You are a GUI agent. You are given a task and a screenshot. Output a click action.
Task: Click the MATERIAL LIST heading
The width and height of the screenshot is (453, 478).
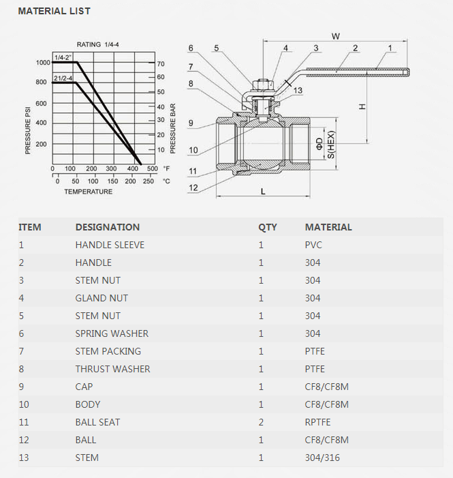tap(54, 11)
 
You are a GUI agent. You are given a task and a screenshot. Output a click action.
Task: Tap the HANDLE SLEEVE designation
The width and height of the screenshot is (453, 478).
tap(110, 245)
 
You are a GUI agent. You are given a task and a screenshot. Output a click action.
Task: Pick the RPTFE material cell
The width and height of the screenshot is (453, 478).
tap(317, 422)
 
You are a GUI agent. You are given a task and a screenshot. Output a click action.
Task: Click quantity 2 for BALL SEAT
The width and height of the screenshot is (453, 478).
tap(261, 422)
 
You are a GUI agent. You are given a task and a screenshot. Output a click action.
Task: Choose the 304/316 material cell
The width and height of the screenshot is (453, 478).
tap(322, 458)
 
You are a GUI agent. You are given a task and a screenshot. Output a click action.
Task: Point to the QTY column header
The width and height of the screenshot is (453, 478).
tap(268, 227)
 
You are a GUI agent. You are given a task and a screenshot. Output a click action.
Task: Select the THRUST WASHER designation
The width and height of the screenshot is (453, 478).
tap(112, 369)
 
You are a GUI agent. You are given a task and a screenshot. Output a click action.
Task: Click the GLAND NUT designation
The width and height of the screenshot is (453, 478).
tap(101, 298)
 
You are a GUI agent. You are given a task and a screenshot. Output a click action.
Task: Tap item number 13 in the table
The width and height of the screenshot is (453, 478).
tap(24, 458)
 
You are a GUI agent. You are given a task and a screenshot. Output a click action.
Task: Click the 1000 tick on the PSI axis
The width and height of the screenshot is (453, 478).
tap(43, 63)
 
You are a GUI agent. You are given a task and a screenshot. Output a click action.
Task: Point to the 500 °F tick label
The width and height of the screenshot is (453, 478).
tap(152, 168)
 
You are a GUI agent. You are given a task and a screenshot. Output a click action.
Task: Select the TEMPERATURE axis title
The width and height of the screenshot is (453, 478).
tap(89, 192)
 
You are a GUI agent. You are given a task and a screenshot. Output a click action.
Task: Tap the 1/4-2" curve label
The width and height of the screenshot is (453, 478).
tap(63, 57)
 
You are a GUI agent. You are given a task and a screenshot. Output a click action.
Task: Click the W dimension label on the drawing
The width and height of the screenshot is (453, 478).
tap(335, 35)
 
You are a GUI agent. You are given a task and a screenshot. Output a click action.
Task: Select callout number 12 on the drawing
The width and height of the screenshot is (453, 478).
tap(193, 188)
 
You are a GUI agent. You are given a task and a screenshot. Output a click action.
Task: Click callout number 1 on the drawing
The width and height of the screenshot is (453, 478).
tap(390, 48)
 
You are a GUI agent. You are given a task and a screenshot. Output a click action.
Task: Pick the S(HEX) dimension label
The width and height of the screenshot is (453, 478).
tap(331, 145)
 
